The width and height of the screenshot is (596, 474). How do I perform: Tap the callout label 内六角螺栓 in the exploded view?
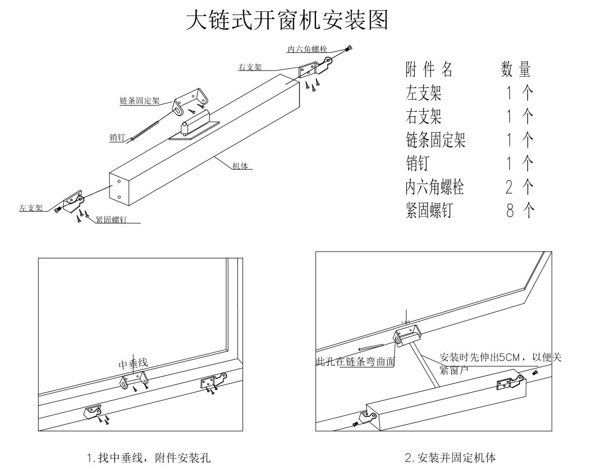(307, 49)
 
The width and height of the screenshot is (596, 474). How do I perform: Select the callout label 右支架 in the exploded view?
(250, 67)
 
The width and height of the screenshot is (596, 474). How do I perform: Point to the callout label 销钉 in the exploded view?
(117, 138)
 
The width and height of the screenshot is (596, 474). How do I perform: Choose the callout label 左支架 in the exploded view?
(30, 208)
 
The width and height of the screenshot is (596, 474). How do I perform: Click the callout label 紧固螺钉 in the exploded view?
(111, 220)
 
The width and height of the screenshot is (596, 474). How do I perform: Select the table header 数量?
(515, 69)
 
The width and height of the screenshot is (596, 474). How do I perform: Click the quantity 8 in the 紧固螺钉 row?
(510, 210)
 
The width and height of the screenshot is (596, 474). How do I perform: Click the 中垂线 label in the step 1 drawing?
(133, 364)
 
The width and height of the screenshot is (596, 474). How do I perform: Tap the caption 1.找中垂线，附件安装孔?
(148, 457)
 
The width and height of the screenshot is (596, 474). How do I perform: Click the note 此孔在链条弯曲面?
(356, 362)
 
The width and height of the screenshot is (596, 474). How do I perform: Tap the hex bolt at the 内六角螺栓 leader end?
(350, 49)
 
